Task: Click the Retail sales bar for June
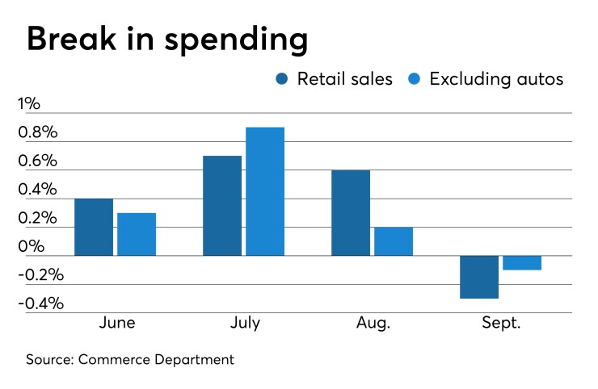click(x=94, y=227)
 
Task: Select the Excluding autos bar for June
click(x=137, y=234)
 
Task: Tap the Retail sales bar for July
click(x=222, y=205)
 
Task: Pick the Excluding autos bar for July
click(x=265, y=191)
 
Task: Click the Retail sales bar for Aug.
click(x=351, y=212)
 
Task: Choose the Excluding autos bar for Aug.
click(x=394, y=241)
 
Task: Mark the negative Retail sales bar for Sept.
click(x=479, y=277)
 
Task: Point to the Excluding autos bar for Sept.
click(x=522, y=263)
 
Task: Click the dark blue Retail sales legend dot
click(x=283, y=79)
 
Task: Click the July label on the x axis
click(x=244, y=323)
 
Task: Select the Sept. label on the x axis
click(x=501, y=323)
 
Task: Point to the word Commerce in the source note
click(x=113, y=359)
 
